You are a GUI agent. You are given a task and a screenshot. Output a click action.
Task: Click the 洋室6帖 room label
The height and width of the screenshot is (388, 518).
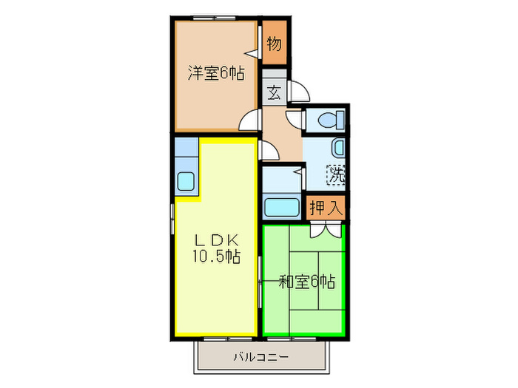(216, 73)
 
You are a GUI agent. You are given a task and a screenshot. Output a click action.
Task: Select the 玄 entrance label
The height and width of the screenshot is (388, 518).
(274, 93)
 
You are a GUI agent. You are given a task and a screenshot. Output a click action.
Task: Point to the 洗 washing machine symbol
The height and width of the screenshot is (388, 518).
(337, 175)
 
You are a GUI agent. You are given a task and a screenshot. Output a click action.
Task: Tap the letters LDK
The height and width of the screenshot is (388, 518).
(216, 240)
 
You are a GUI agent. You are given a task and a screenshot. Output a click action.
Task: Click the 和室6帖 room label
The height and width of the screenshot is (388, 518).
(306, 282)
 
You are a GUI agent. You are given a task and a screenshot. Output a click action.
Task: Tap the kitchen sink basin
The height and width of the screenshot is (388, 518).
(186, 180)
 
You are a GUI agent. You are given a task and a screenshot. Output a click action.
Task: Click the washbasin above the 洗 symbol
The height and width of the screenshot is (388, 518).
(337, 148)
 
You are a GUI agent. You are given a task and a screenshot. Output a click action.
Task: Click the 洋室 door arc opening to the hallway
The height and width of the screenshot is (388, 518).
(251, 120)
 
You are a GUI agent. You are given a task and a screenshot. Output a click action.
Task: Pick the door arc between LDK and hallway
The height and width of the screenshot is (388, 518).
(268, 150)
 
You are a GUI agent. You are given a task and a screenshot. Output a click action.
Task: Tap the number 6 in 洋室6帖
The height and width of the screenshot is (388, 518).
(223, 73)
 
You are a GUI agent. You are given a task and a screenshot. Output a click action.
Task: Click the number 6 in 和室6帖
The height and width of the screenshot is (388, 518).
(313, 282)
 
